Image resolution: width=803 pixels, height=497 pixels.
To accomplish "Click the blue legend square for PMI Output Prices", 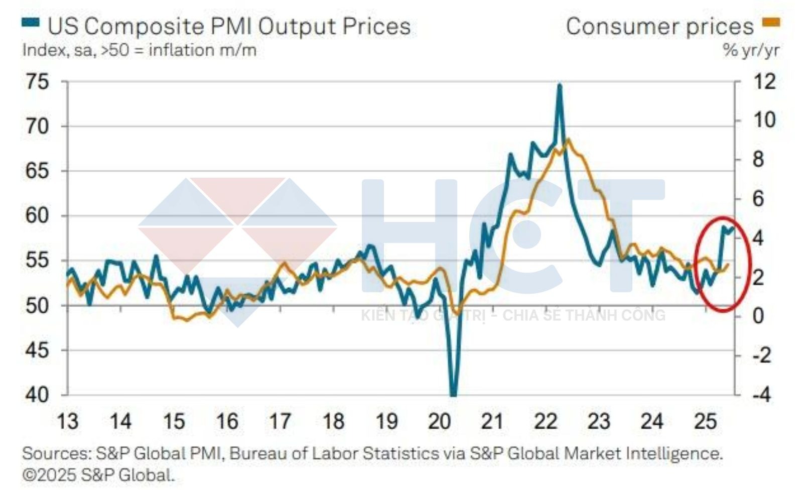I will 31,22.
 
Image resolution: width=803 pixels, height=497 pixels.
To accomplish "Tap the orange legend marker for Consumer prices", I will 771,22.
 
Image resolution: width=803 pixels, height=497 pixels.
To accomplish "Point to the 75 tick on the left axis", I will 37,81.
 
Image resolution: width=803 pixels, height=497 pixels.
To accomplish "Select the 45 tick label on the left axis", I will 37,350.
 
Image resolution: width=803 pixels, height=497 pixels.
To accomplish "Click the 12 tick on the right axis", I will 764,81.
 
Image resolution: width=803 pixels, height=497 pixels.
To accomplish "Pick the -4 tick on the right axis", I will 761,395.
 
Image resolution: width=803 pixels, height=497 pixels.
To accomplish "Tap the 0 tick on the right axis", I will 758,316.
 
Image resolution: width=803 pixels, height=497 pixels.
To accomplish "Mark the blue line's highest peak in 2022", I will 560,85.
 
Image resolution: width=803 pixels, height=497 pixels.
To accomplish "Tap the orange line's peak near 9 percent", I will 568,140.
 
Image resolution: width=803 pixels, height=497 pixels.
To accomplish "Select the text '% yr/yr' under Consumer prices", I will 751,50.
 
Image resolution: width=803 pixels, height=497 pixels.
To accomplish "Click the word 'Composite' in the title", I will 144,26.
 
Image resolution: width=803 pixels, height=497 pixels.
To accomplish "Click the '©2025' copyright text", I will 49,475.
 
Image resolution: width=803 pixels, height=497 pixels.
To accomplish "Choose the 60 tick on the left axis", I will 37,216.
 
